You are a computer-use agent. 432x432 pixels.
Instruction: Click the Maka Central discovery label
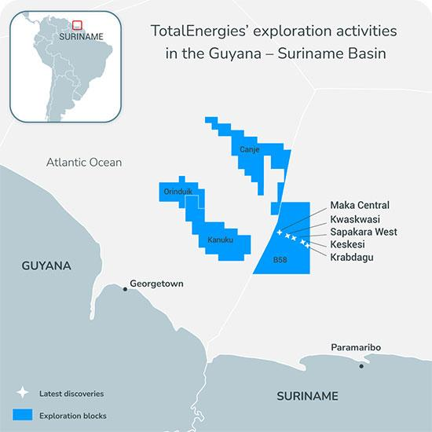(x=360, y=205)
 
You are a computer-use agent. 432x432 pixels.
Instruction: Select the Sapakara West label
(x=364, y=232)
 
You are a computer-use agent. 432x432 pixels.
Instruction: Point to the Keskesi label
(x=350, y=244)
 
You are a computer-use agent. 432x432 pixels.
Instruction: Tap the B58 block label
(x=280, y=259)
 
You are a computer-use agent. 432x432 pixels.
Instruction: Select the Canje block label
(x=250, y=148)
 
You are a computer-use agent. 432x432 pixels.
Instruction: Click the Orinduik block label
(x=176, y=192)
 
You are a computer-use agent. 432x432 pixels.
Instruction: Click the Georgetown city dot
(x=125, y=289)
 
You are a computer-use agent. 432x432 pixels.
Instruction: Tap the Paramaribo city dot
(x=361, y=365)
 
